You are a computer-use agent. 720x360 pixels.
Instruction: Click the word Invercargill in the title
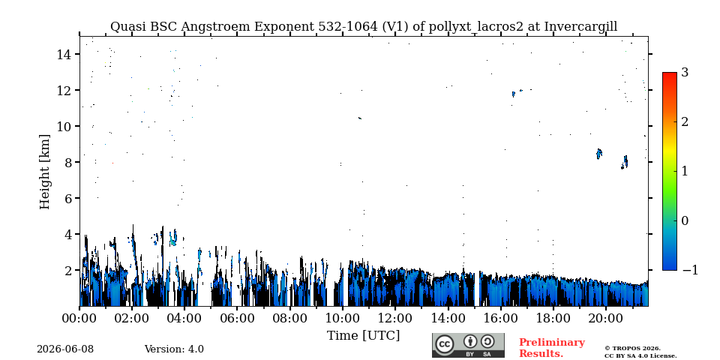click(x=580, y=27)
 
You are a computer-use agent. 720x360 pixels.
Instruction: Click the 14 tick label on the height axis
click(x=64, y=54)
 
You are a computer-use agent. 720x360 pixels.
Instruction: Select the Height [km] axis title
click(x=44, y=172)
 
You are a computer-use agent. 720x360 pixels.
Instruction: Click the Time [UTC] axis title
click(x=363, y=336)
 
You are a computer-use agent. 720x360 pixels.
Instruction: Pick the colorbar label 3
click(x=685, y=73)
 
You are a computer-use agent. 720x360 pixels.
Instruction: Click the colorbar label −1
click(x=690, y=270)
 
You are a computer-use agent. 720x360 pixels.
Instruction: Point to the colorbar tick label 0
click(x=685, y=220)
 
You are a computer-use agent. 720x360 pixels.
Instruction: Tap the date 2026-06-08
click(x=65, y=349)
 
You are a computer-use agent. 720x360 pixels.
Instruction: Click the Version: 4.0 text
click(x=174, y=349)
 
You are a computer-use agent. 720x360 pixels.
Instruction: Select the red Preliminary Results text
click(x=552, y=348)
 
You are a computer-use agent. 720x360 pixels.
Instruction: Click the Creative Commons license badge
click(x=468, y=345)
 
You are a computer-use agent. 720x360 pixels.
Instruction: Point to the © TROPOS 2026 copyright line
click(x=632, y=349)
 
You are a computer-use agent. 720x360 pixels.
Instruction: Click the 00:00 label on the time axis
click(x=80, y=318)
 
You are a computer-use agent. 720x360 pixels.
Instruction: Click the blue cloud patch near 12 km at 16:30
click(x=513, y=94)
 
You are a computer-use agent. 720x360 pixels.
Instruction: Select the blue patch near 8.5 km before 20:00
click(x=598, y=154)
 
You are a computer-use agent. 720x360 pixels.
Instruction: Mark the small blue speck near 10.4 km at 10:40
click(x=360, y=118)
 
